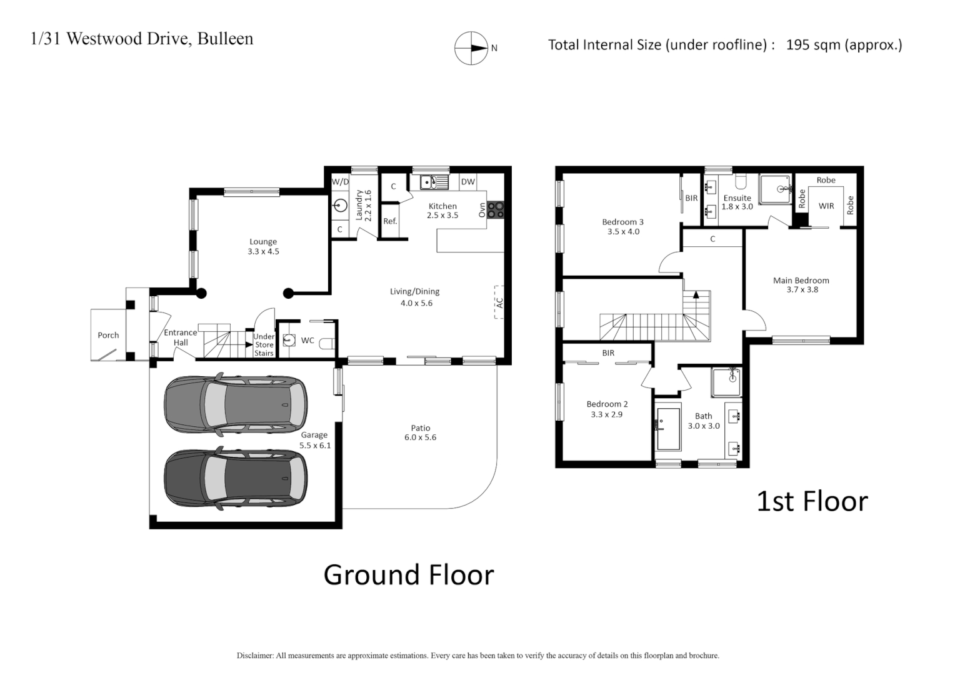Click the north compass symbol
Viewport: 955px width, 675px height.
pyautogui.click(x=471, y=48)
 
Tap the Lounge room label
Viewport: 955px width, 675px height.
pyautogui.click(x=263, y=242)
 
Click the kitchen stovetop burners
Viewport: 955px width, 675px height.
pyautogui.click(x=496, y=210)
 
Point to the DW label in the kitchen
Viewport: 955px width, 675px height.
pyautogui.click(x=467, y=182)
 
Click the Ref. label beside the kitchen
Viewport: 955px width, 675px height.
pyautogui.click(x=390, y=221)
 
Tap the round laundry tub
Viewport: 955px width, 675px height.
pyautogui.click(x=341, y=204)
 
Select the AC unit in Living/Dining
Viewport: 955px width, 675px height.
pyautogui.click(x=499, y=302)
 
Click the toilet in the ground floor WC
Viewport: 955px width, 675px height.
pyautogui.click(x=327, y=343)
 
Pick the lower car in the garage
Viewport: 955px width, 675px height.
pyautogui.click(x=236, y=478)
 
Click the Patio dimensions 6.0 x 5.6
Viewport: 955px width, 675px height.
pyautogui.click(x=420, y=437)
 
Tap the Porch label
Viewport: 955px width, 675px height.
pyautogui.click(x=108, y=336)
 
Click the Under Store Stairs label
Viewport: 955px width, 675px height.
pyautogui.click(x=264, y=345)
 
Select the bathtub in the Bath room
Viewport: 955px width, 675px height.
pyautogui.click(x=668, y=429)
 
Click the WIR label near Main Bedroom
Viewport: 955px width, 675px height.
pyautogui.click(x=826, y=206)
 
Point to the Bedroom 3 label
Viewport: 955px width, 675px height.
pyautogui.click(x=622, y=222)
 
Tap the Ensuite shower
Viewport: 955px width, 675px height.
pyautogui.click(x=776, y=189)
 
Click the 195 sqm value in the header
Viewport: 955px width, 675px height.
pyautogui.click(x=812, y=45)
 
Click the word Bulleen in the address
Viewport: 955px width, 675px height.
pyautogui.click(x=225, y=39)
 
